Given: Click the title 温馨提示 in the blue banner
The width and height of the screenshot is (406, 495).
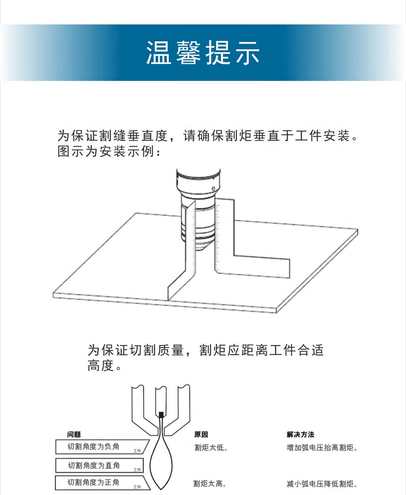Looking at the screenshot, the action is pos(203,53).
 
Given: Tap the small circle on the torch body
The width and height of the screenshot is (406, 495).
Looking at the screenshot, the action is pos(214,189).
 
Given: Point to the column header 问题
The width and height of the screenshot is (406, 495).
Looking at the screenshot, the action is pos(74,435).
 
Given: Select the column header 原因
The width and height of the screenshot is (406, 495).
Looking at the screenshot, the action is pos(201,435).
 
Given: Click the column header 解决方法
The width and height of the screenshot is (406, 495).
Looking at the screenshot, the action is pos(300,435).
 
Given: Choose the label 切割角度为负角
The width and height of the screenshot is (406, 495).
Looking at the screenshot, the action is pos(93,446).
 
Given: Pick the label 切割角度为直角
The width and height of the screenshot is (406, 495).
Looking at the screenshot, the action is pos(94,465).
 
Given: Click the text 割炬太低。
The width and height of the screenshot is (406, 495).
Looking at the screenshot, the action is pos(211,448).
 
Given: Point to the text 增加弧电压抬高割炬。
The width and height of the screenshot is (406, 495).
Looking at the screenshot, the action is pos(322,448).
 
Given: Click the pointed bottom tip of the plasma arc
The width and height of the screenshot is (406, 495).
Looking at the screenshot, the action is pos(161,489).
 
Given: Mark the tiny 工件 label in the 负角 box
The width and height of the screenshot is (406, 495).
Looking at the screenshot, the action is pos(137,451).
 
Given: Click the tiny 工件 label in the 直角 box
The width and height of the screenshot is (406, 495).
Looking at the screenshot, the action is pos(137,469).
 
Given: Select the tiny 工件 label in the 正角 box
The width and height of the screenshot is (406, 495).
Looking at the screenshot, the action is pos(137,487).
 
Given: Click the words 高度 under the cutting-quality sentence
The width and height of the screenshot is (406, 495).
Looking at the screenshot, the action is pos(101,365).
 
